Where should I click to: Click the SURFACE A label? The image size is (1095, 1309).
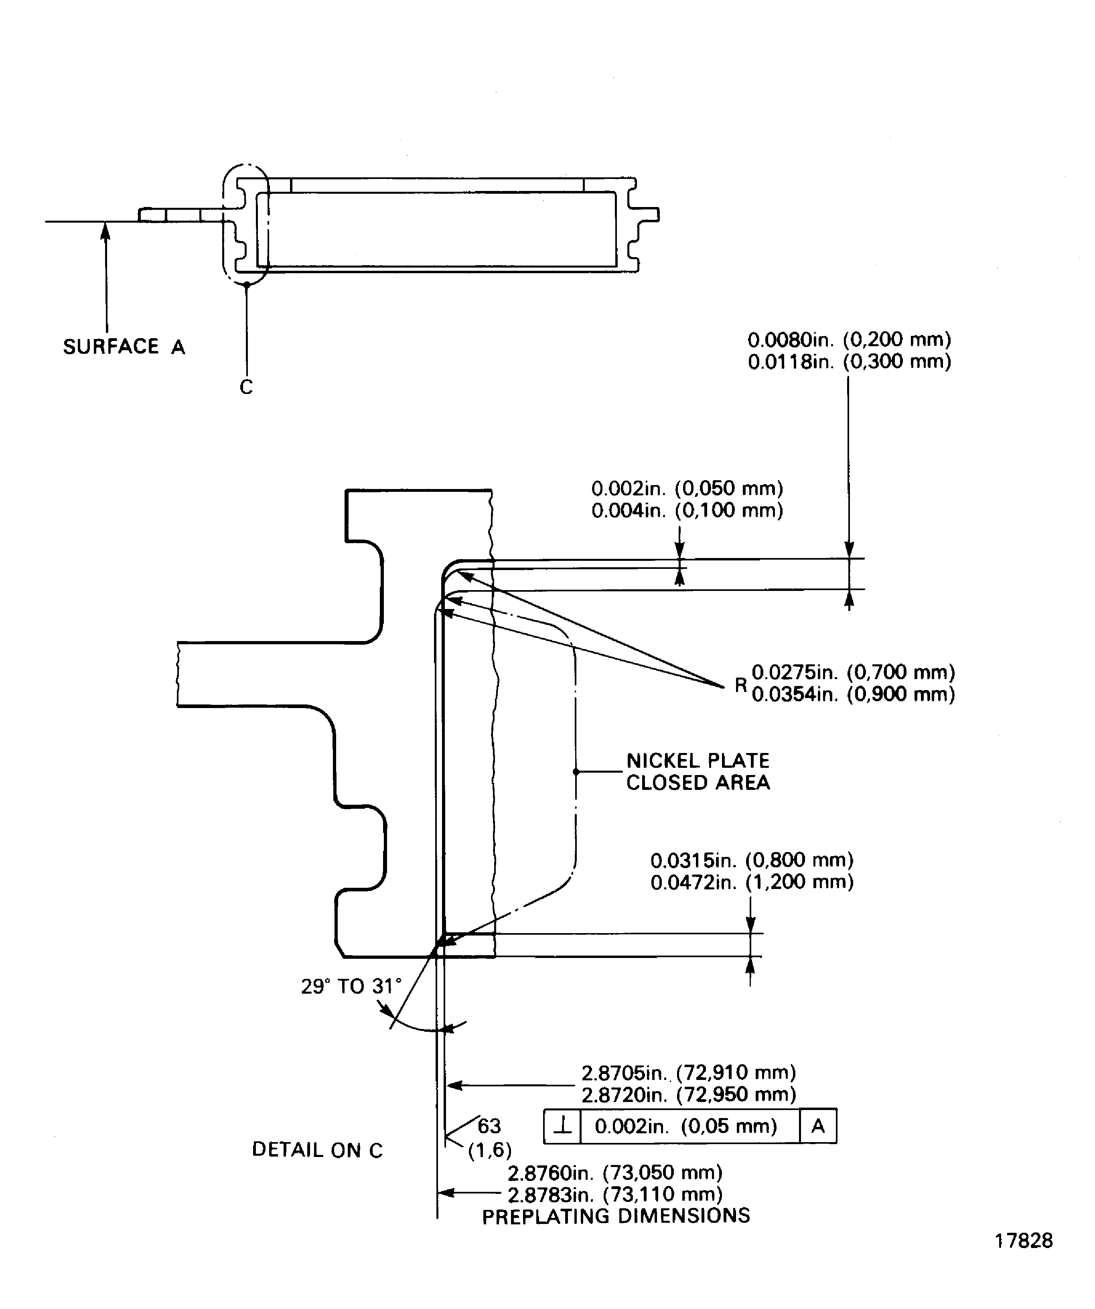tap(124, 347)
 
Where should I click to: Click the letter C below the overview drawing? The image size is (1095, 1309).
tap(246, 387)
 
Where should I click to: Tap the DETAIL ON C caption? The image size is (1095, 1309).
tap(317, 1150)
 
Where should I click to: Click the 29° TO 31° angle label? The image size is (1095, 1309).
tap(351, 986)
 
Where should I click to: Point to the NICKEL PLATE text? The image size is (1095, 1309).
tap(698, 761)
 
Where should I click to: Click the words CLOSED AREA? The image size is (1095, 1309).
tap(698, 782)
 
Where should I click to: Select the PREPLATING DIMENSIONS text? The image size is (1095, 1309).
tap(616, 1216)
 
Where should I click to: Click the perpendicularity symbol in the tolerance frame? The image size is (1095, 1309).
tap(562, 1126)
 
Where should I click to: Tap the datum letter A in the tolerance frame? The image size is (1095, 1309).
tap(818, 1126)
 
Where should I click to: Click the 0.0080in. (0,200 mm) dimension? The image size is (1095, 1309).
tap(849, 340)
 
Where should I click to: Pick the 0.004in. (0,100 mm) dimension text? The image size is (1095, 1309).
tap(687, 511)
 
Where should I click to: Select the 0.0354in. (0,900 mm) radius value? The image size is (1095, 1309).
tap(853, 694)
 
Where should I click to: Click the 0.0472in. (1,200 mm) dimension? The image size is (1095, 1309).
tap(752, 881)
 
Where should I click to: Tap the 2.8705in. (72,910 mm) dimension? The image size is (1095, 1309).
tap(688, 1072)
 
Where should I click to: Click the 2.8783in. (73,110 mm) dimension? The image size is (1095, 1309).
tap(614, 1194)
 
